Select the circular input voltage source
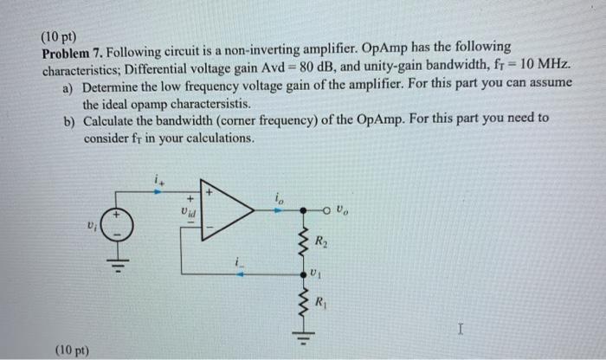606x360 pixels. click(x=122, y=228)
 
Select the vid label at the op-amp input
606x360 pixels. click(x=187, y=209)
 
